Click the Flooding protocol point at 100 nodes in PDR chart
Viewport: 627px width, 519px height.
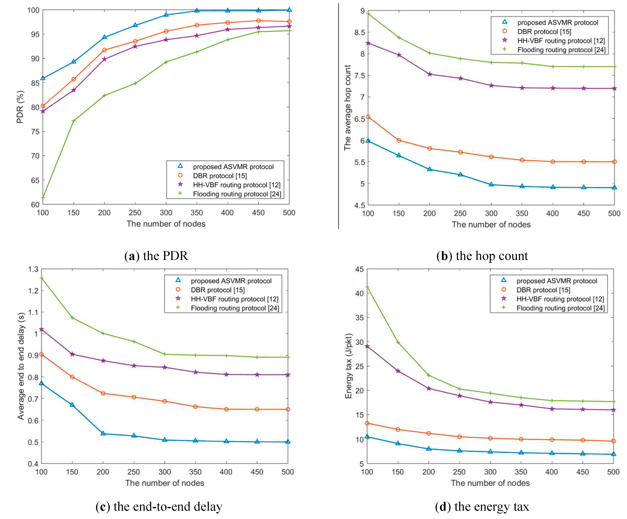tap(43, 197)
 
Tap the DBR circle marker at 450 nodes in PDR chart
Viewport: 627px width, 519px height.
tap(258, 21)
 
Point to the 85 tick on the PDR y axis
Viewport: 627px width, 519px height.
tap(35, 83)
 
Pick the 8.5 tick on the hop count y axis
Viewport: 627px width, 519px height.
tap(359, 32)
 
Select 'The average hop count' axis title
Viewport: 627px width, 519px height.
tap(347, 108)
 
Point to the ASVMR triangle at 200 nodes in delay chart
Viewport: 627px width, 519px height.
tap(103, 433)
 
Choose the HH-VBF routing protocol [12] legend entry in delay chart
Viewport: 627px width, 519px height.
tap(234, 299)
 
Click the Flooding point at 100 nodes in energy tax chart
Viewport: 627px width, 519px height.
tap(367, 287)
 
